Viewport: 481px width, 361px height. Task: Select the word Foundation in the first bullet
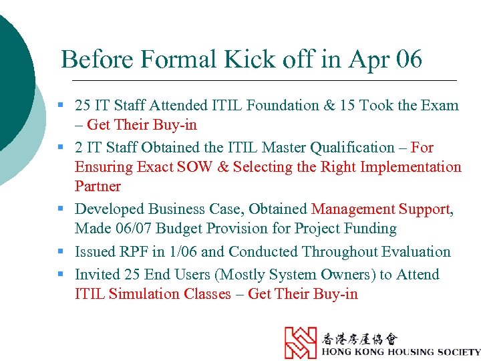[x=281, y=105]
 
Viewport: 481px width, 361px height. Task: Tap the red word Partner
[x=98, y=186]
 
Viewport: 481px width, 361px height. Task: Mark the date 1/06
[x=182, y=251]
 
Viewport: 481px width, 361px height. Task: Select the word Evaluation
[x=416, y=251]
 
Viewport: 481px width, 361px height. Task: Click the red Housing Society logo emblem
[x=301, y=342]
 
